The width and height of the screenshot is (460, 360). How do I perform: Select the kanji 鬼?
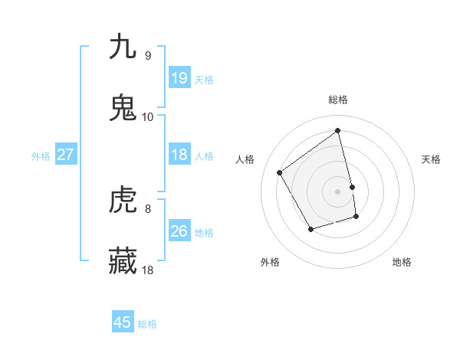click(123, 108)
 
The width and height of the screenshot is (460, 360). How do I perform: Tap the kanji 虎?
click(123, 200)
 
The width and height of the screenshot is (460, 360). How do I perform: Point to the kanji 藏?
click(123, 261)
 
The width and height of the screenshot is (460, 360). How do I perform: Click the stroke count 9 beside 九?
click(147, 55)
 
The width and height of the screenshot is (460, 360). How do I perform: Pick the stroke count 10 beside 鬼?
click(148, 116)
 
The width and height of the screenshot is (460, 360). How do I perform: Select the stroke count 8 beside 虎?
click(147, 208)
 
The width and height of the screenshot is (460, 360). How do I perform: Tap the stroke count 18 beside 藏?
click(148, 270)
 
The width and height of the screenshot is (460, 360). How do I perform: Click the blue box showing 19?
click(179, 78)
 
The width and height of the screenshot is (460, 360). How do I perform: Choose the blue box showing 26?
click(179, 231)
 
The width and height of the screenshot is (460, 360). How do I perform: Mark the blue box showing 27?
click(66, 155)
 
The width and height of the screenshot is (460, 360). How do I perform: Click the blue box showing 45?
click(123, 322)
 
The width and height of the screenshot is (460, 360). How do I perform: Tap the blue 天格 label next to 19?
click(204, 79)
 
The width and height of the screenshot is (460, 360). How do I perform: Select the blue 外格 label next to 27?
click(41, 155)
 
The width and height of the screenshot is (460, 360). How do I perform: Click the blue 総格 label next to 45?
click(147, 323)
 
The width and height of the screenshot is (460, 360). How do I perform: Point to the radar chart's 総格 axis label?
click(338, 100)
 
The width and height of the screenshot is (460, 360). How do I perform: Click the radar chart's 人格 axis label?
click(245, 159)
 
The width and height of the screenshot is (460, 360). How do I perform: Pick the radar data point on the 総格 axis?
click(338, 130)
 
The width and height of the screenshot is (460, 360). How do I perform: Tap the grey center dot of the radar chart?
click(338, 191)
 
